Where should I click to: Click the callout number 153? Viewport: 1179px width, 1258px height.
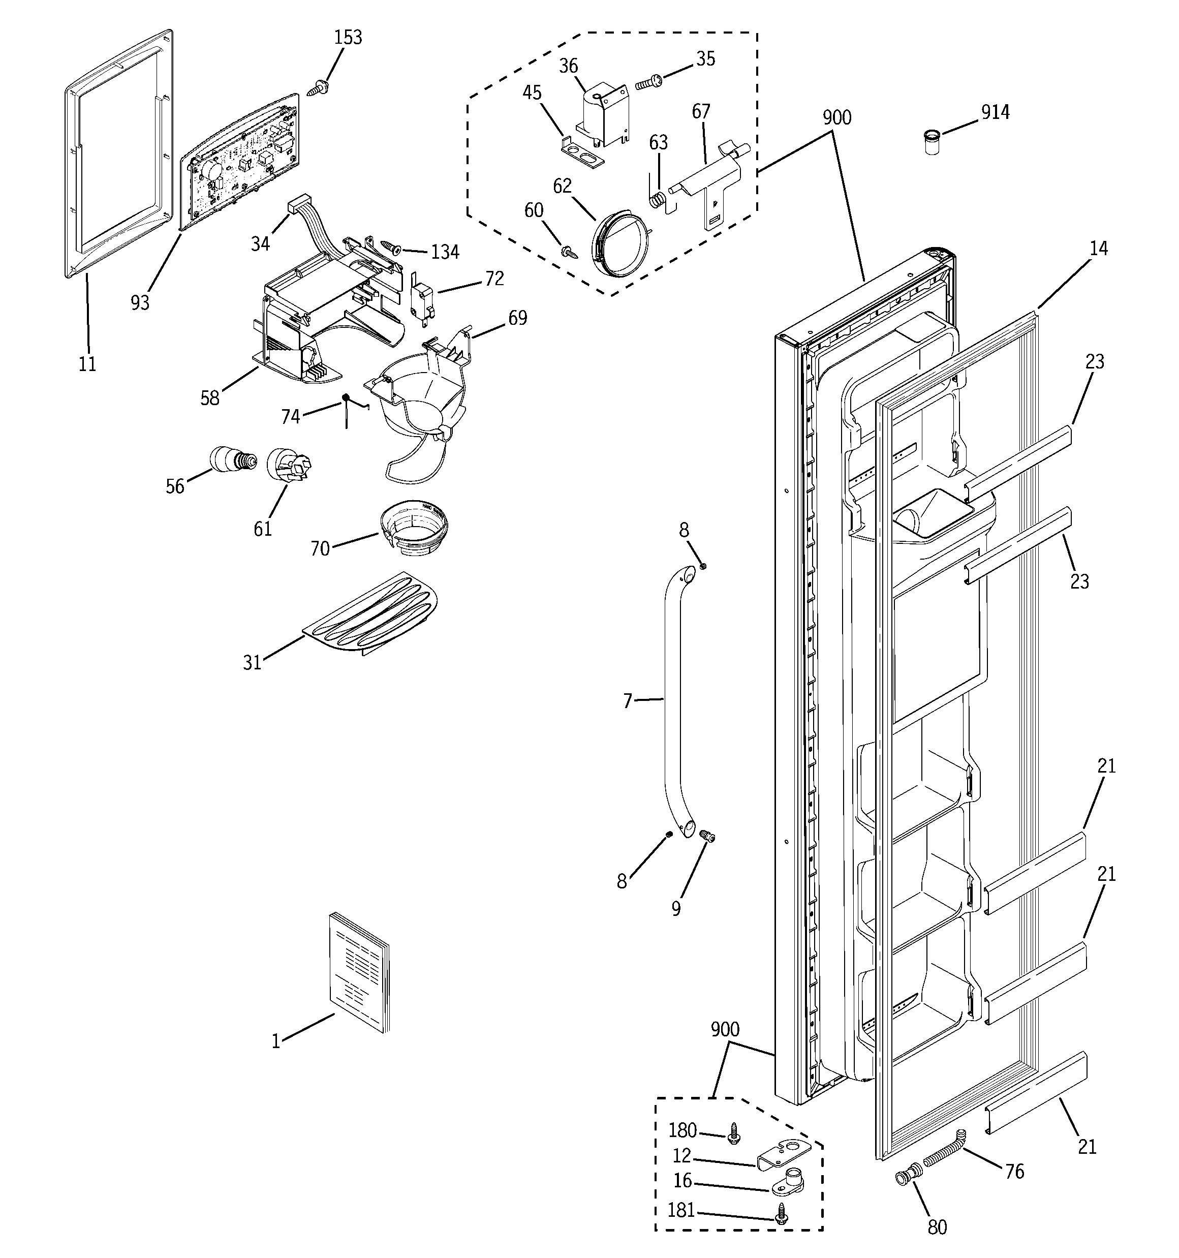pos(348,37)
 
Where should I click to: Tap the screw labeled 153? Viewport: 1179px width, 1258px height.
pos(318,88)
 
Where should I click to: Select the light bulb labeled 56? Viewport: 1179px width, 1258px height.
pos(232,459)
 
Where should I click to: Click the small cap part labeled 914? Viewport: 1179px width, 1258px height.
pos(932,142)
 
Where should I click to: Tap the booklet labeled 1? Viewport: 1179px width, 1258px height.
pos(359,973)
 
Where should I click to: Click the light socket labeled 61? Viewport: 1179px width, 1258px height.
pos(289,467)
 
